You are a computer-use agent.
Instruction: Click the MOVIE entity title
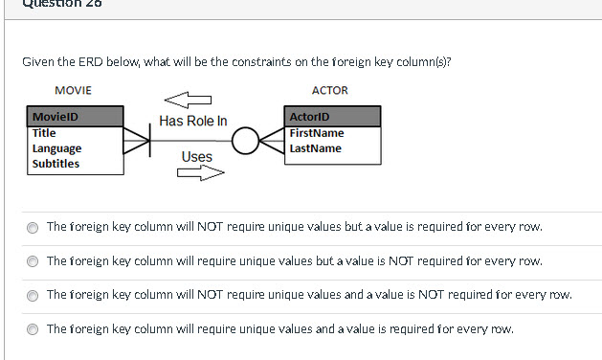coord(74,90)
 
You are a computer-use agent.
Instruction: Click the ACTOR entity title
coord(330,90)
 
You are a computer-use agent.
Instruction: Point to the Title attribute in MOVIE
coord(44,133)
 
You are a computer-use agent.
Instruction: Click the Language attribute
coord(56,148)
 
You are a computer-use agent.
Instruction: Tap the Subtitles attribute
coord(56,164)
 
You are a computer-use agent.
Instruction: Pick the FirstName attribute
coord(316,133)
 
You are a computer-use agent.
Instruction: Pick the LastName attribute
coord(315,148)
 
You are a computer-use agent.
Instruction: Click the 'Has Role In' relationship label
coord(193,121)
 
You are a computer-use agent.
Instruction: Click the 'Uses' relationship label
coord(196,156)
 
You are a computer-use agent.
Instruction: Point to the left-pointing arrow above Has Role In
coord(187,99)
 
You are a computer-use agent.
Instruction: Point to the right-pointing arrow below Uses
coord(199,173)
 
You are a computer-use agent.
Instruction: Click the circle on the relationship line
coord(245,142)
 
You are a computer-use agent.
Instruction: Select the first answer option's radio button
coord(33,228)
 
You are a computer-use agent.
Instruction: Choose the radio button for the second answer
coord(33,261)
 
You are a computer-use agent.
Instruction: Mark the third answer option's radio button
coord(33,295)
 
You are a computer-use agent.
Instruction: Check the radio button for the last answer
coord(33,329)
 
